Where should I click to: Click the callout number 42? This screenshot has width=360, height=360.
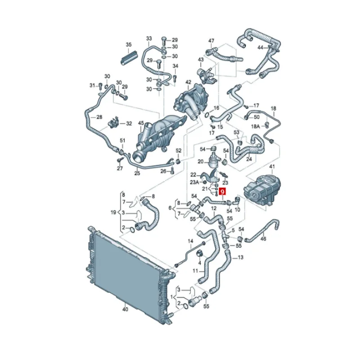coord(188,82)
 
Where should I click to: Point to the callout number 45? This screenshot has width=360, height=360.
coord(141,123)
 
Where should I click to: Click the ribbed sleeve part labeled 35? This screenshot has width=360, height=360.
coord(129,58)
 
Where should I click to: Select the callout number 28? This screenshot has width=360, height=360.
coord(99,117)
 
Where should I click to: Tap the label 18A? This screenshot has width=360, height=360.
coord(255,126)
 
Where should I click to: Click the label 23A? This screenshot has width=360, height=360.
coord(194,182)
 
